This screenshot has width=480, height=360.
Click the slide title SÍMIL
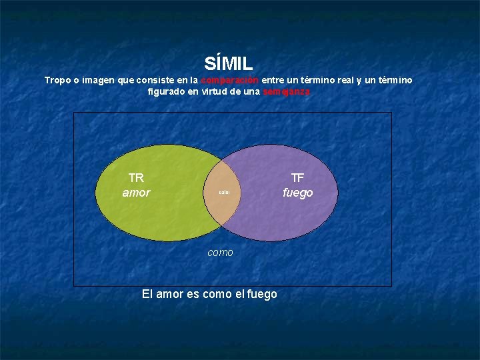pos(229,64)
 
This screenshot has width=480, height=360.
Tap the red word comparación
pos(231,80)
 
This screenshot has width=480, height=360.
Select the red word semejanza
pos(286,92)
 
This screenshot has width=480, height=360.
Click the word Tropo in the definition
pos(57,80)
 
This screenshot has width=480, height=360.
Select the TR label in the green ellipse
pos(136,178)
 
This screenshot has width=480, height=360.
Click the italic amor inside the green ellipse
pos(136,193)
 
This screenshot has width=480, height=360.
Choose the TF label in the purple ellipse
pos(297,178)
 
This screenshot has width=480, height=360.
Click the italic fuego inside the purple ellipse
pos(297,193)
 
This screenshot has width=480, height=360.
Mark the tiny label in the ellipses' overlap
pos(225,193)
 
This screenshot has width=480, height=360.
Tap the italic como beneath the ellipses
pos(221,253)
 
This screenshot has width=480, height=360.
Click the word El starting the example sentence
pos(148,294)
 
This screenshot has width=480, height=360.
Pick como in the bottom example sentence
pos(217,294)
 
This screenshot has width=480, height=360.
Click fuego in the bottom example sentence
pos(262,294)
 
